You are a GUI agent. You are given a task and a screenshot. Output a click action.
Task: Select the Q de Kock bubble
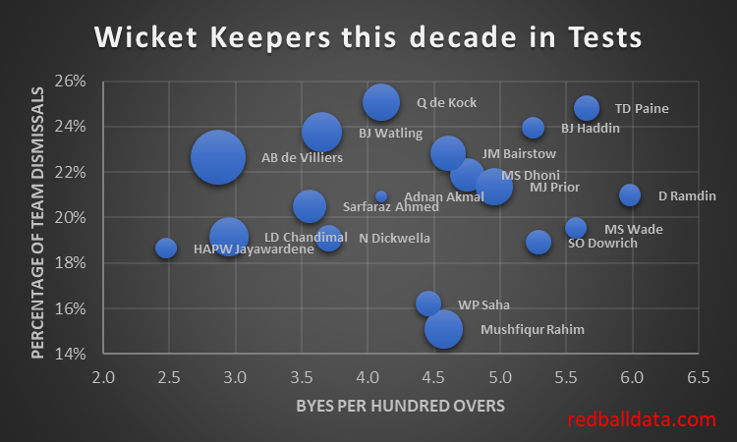(380, 101)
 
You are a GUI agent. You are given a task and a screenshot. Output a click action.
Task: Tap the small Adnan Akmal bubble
(381, 196)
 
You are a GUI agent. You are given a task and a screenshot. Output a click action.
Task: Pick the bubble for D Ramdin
(630, 194)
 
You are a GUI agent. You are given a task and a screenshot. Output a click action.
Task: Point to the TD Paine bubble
(587, 108)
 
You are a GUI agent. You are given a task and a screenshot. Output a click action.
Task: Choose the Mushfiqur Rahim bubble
(444, 328)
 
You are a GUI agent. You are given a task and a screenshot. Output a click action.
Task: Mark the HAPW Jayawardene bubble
(166, 248)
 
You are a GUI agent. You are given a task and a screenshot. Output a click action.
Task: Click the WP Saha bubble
(428, 304)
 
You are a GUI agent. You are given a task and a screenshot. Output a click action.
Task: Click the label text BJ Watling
(390, 133)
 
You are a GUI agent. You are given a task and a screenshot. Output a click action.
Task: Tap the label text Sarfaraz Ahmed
(391, 207)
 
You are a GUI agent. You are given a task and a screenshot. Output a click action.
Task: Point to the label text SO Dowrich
(602, 243)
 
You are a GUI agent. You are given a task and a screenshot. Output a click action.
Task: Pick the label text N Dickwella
(394, 238)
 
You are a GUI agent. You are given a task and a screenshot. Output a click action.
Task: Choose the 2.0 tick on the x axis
(103, 377)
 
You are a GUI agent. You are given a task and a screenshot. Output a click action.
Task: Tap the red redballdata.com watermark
(641, 419)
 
